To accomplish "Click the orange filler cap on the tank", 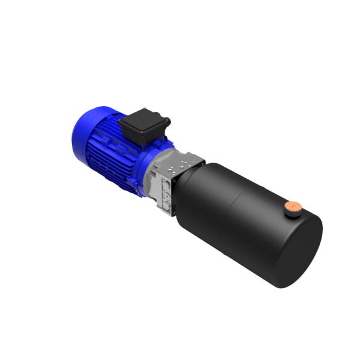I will (293, 205).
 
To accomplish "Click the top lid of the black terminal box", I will (144, 118).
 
